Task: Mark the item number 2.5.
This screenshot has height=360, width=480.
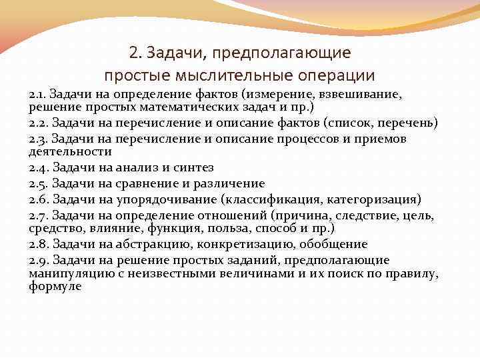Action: tap(39, 183)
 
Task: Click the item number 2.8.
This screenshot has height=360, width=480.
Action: tap(39, 244)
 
